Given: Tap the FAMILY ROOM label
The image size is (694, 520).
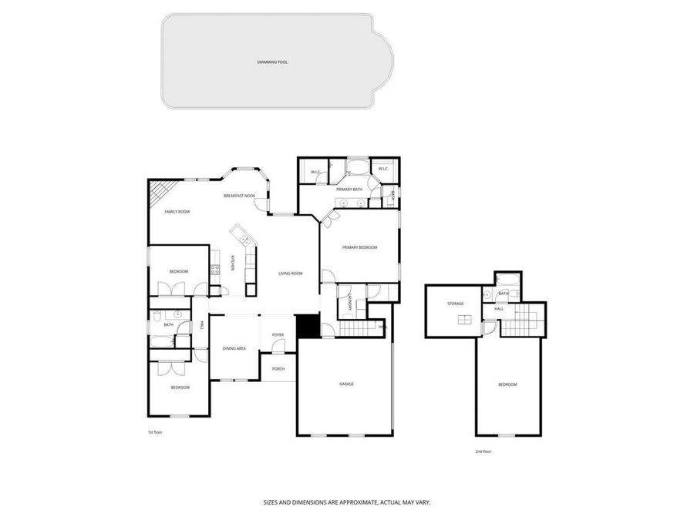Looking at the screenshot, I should [x=177, y=211].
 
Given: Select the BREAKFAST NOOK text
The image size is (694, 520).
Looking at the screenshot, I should [x=239, y=196].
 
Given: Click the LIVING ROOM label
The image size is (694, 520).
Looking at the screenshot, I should [x=290, y=273].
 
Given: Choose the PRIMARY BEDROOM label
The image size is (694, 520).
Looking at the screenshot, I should [x=360, y=247].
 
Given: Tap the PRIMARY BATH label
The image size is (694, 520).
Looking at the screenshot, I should [x=349, y=189].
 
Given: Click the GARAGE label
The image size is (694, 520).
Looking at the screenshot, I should [x=346, y=383].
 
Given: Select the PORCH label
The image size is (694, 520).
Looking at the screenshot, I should [x=278, y=369].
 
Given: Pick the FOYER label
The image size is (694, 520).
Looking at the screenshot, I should [x=278, y=335].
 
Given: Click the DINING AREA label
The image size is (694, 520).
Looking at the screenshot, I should [x=234, y=349].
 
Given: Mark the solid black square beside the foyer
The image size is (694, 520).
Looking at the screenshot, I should [x=308, y=326].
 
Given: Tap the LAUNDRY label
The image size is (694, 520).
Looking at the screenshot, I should [x=349, y=302].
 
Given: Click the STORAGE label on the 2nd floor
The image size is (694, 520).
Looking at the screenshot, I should [x=455, y=304].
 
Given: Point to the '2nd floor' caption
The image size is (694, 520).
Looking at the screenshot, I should [x=483, y=451].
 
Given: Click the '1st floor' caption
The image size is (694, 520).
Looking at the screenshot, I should [x=155, y=432].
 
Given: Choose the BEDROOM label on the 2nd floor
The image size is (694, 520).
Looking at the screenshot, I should [x=507, y=384].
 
